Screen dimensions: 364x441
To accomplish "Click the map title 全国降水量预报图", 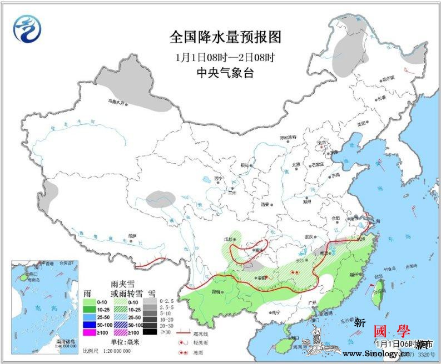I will point(225,37).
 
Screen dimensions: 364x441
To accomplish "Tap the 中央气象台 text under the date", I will point(225,73).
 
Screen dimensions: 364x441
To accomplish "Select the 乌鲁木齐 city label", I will point(118,102).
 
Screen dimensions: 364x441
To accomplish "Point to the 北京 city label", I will point(320,142).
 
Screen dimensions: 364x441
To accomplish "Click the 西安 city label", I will point(265,204).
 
